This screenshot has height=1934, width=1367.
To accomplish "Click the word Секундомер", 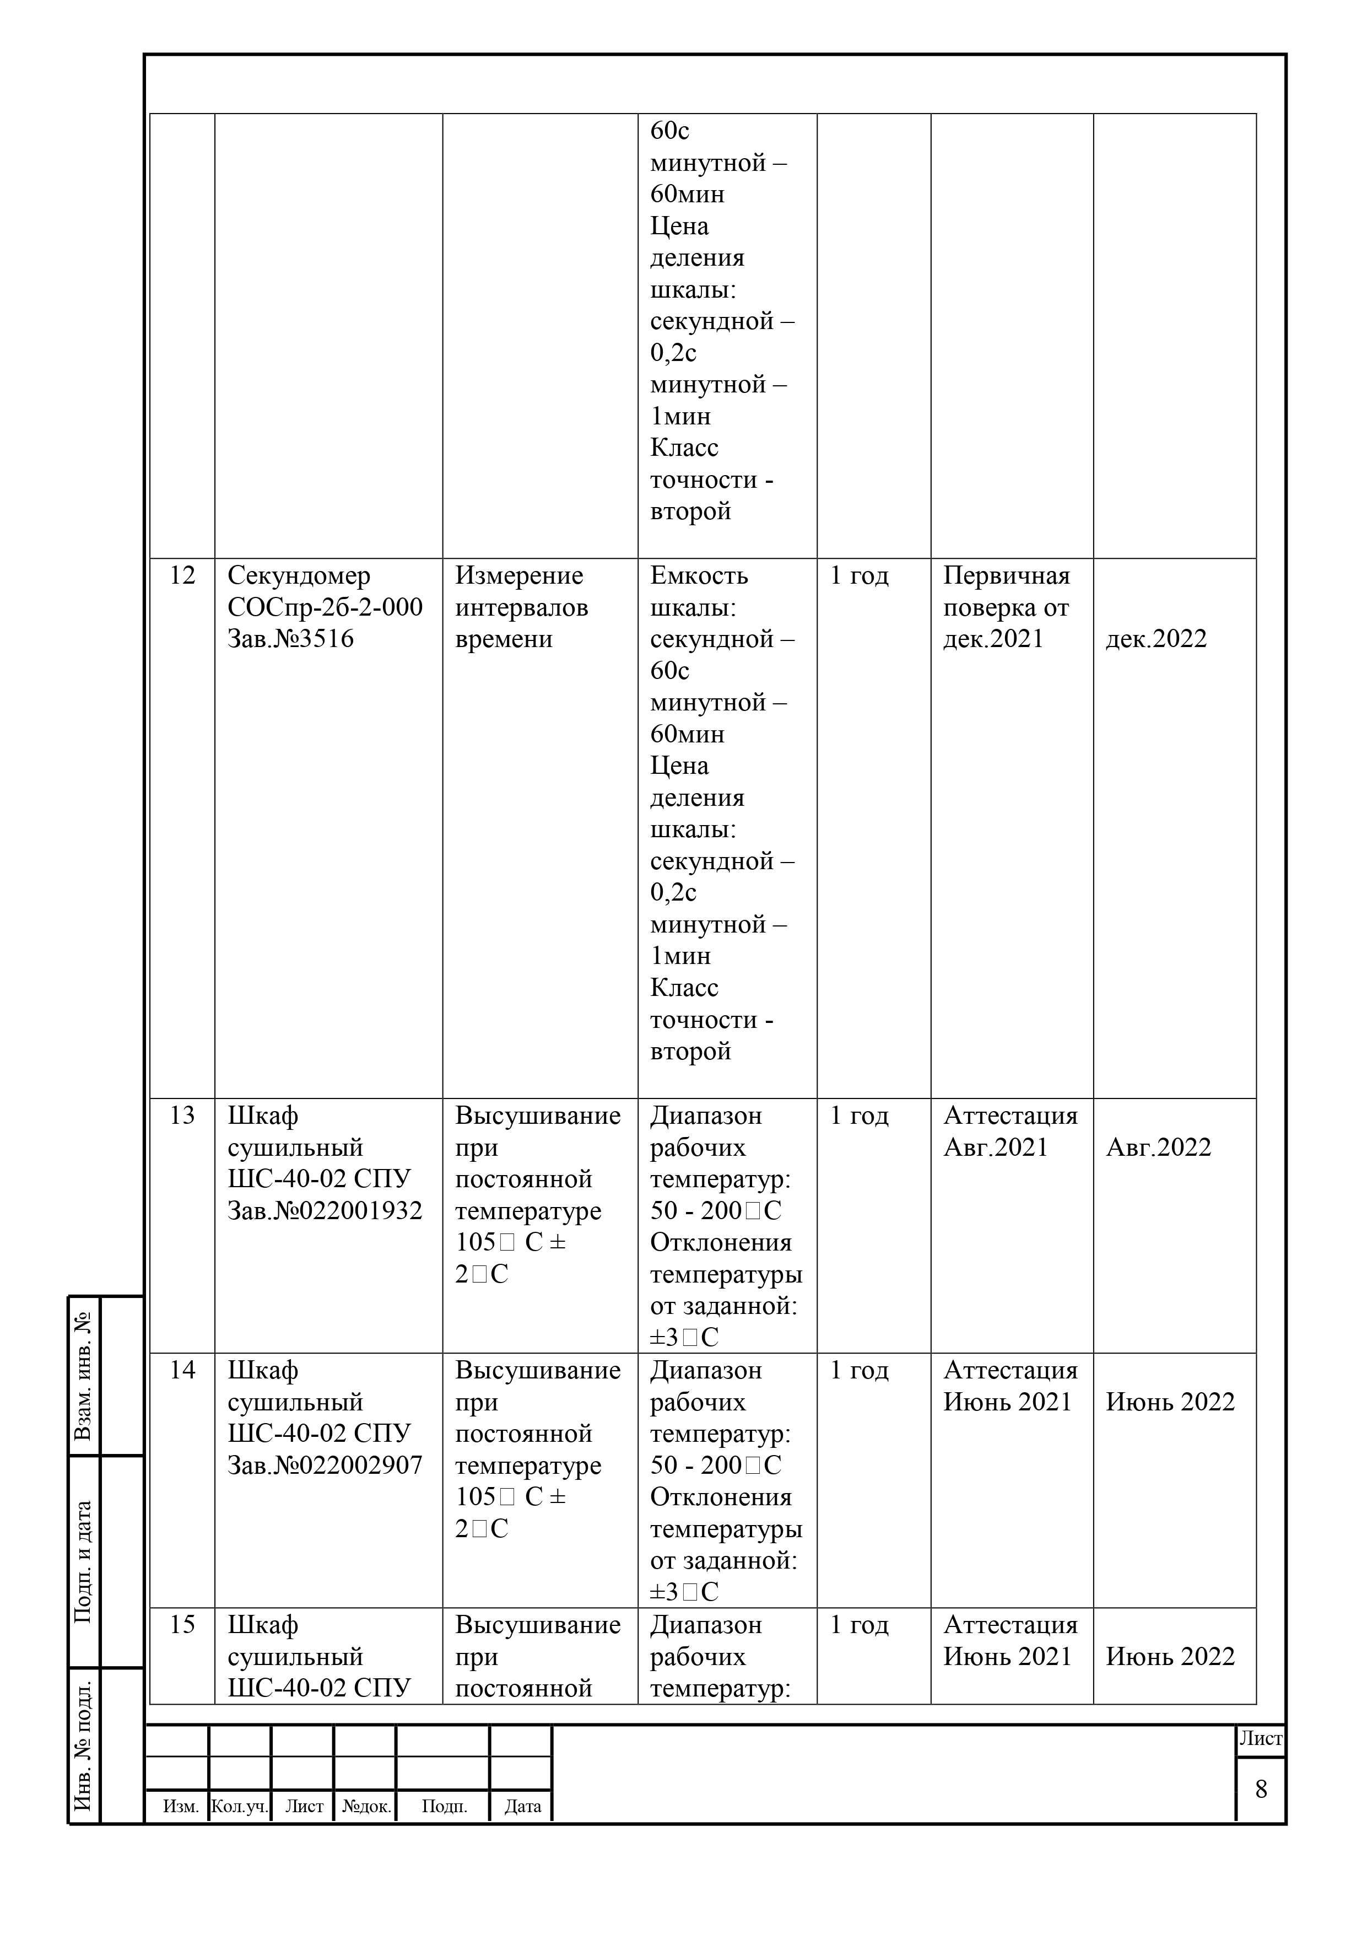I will point(299,575).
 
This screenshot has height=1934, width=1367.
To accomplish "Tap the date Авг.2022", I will point(1158,1148).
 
